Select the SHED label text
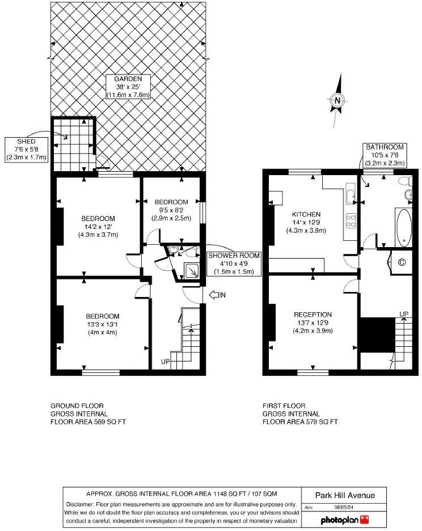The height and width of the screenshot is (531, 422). coord(26,141)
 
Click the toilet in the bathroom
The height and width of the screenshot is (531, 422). coord(404,181)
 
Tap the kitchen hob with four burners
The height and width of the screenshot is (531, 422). coord(351,220)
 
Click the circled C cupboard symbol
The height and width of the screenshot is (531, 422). coord(402,262)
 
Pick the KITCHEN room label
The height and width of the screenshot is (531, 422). coord(306,214)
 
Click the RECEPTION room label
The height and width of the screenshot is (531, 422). coord(313,315)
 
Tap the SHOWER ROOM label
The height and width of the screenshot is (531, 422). coord(234,256)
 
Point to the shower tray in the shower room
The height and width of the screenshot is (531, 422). coord(193,270)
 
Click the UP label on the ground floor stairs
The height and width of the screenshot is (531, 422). coord(166,361)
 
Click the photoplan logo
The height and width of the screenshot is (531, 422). coord(344,519)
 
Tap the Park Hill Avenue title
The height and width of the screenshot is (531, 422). coord(345,495)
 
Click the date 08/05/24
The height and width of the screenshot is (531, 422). coord(330,507)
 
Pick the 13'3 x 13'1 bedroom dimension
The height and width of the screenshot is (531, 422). coord(102,324)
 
